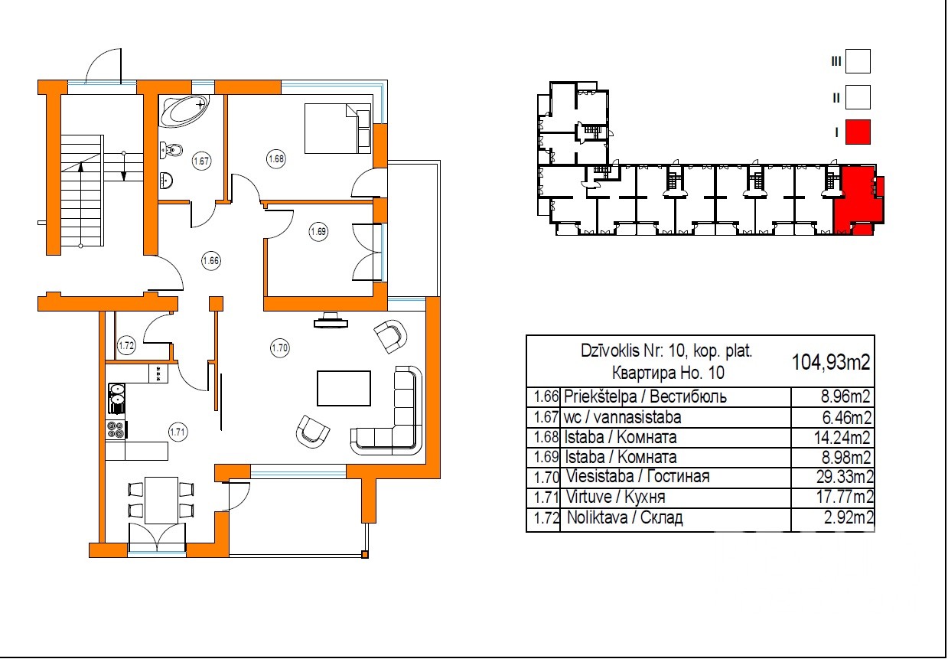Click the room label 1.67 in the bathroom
click(x=201, y=161)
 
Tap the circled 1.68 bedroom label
click(x=276, y=159)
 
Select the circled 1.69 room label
click(x=318, y=231)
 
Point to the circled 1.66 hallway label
click(x=210, y=260)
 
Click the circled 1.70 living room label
click(x=280, y=348)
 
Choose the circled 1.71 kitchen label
click(x=178, y=432)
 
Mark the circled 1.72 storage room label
click(x=126, y=346)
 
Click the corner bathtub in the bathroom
click(x=184, y=110)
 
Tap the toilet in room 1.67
click(x=171, y=149)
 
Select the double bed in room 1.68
click(x=337, y=129)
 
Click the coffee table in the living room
click(x=344, y=388)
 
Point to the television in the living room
click(x=331, y=321)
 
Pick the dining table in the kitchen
click(x=161, y=501)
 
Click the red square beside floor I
click(x=858, y=132)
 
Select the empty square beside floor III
click(x=858, y=61)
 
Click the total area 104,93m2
click(x=831, y=362)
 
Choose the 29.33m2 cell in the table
click(x=845, y=477)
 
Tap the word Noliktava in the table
click(x=597, y=517)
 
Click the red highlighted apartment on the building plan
click(x=857, y=199)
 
